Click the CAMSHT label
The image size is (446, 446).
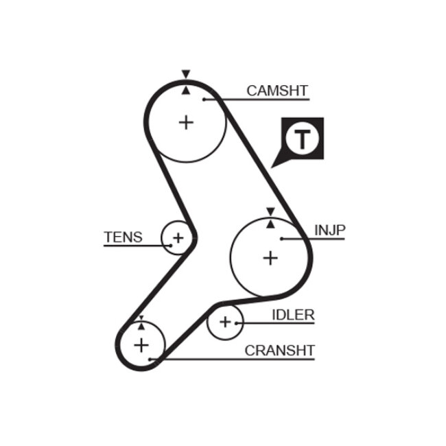pos(277,91)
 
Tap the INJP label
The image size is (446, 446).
pos(329,229)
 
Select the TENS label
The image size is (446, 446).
pos(124,237)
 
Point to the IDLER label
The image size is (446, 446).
pos(293,315)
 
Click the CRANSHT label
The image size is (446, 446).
pos(280,351)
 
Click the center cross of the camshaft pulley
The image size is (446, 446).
pos(186,122)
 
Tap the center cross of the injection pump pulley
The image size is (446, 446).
pos(271,258)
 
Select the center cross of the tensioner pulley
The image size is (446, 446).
pos(178,239)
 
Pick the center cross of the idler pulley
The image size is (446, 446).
pos(225,321)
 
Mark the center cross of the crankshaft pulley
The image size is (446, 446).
pos(141,344)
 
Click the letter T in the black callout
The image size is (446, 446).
pos(302,139)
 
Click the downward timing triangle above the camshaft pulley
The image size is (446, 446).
pos(185,73)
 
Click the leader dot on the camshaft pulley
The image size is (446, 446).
pos(204,99)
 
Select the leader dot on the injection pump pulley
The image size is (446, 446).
pos(282,238)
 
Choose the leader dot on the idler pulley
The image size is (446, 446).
pos(237,322)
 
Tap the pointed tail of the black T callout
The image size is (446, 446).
pos(273,166)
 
